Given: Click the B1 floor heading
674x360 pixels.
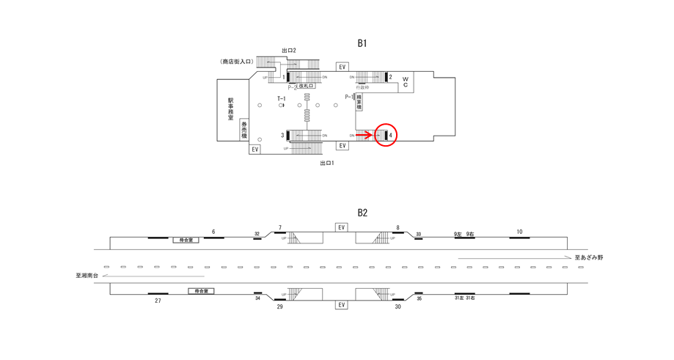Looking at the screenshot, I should click(362, 43).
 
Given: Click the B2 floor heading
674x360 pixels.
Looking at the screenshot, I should click(362, 213).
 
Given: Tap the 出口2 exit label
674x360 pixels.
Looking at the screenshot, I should click(288, 51).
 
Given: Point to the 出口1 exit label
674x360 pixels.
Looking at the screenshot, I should click(326, 163).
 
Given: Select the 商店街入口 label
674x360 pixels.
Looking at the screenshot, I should click(236, 62).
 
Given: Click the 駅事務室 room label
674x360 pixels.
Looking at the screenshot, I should click(230, 109).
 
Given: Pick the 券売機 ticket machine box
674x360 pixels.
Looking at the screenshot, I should click(244, 130).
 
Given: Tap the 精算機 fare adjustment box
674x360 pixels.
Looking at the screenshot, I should click(359, 103).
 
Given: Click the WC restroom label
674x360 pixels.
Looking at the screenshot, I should click(404, 81).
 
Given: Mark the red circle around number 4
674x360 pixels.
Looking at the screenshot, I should click(386, 135).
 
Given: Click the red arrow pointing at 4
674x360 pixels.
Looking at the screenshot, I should click(364, 135).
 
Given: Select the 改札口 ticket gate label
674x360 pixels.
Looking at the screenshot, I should click(306, 87).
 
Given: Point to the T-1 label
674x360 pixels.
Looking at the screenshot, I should click(281, 98).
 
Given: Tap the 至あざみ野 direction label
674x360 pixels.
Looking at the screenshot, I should click(588, 258).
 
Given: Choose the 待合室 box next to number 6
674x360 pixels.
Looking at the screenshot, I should click(186, 240).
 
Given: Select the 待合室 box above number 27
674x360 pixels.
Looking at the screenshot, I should click(200, 291).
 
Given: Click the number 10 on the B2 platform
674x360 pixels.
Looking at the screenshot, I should click(519, 232).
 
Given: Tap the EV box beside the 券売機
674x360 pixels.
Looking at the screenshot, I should click(254, 149).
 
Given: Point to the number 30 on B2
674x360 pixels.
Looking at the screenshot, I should click(398, 306).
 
